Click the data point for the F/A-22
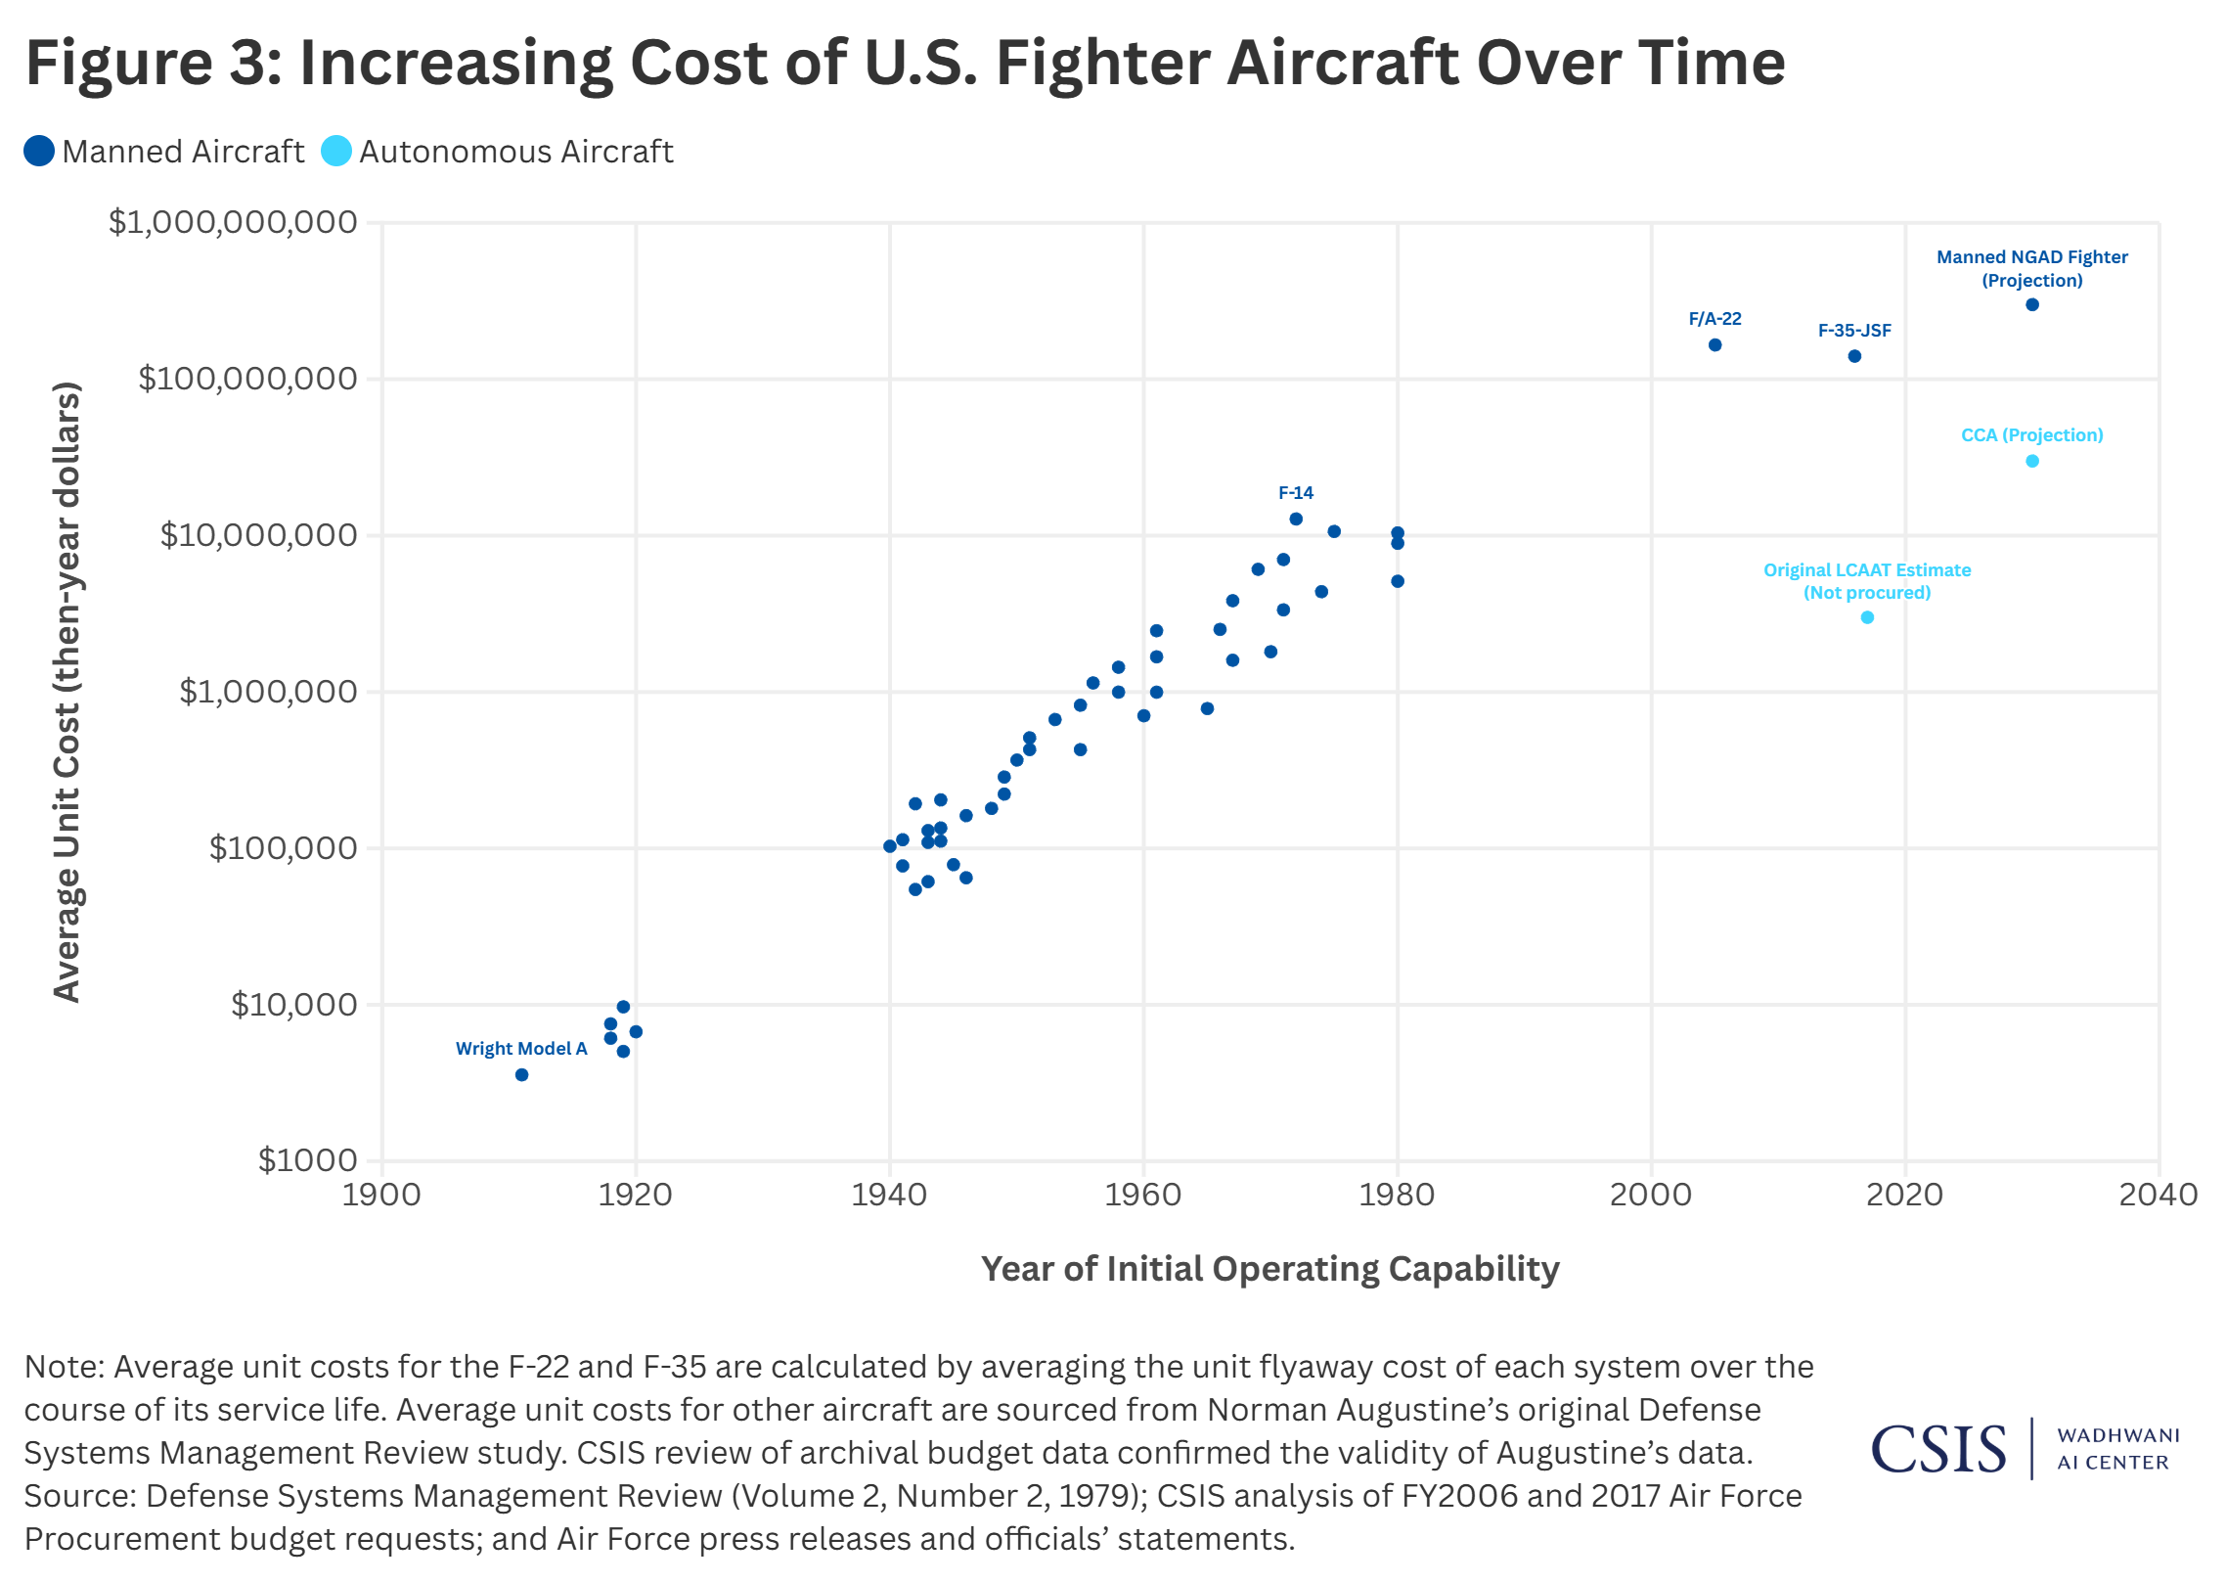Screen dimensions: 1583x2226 click(1714, 345)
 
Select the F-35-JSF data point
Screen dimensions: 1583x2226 click(1854, 356)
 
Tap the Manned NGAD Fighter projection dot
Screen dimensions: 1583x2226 click(2032, 305)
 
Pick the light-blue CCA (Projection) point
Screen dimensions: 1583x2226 click(2032, 461)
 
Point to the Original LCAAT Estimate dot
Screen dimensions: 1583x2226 click(1867, 617)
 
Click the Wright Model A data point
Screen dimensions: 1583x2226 click(522, 1075)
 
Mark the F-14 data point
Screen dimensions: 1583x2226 click(1296, 520)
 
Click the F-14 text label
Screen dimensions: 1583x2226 click(1296, 493)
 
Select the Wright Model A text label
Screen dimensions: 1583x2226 click(521, 1049)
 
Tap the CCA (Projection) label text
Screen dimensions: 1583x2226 click(2031, 435)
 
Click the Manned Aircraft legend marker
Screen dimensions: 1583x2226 click(39, 152)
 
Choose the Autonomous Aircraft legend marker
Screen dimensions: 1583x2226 click(336, 152)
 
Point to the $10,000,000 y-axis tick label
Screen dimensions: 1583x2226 click(258, 535)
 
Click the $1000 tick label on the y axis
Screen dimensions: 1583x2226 click(307, 1160)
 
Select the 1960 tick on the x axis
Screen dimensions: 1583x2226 click(1143, 1195)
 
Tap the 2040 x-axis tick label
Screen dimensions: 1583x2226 click(2158, 1195)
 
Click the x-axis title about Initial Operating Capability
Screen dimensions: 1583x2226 click(1269, 1269)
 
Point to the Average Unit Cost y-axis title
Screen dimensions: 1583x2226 click(67, 692)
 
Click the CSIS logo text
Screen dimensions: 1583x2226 click(1937, 1449)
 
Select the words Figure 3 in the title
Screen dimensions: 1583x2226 click(153, 63)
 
